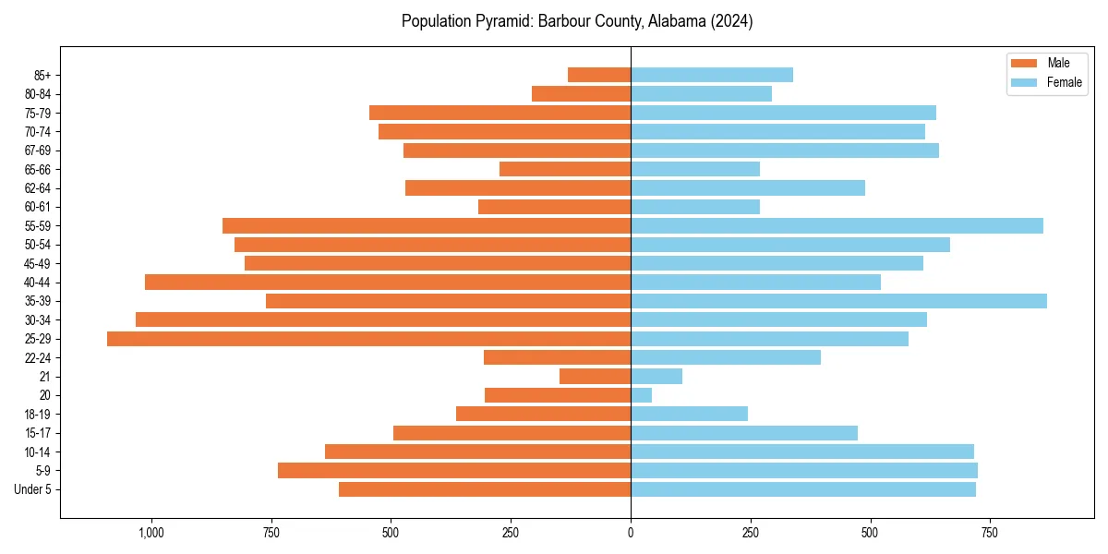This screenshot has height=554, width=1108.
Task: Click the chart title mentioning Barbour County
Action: (x=577, y=21)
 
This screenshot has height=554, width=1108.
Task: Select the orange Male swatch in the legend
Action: (x=1024, y=63)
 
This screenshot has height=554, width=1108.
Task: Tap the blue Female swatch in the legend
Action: (x=1024, y=82)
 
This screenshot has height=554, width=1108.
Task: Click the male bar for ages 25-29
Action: (x=368, y=339)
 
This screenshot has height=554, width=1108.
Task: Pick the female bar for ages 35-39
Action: (x=838, y=301)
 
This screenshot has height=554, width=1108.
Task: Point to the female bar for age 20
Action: (x=641, y=395)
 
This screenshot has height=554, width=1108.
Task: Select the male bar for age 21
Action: (x=595, y=377)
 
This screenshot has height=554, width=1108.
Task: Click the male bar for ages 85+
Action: (x=599, y=75)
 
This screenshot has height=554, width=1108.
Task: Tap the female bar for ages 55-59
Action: (x=837, y=225)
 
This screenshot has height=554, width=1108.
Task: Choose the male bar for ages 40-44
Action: (x=388, y=282)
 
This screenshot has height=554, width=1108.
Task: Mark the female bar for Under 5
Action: (x=803, y=489)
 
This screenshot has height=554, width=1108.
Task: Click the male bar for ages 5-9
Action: (x=454, y=471)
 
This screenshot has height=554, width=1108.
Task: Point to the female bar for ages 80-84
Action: (x=701, y=93)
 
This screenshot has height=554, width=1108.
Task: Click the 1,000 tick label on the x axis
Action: (x=151, y=533)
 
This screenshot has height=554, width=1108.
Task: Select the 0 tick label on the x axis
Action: (x=631, y=533)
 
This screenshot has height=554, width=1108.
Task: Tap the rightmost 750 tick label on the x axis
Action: (x=990, y=533)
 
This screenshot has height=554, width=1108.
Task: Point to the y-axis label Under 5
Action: (x=33, y=489)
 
